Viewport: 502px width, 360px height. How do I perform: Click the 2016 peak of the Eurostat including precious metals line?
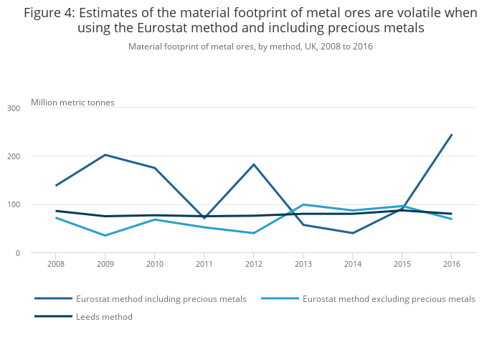pyautogui.click(x=451, y=135)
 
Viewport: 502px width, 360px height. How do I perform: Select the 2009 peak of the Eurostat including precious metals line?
pyautogui.click(x=105, y=155)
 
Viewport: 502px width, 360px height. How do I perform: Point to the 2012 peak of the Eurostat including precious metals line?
pyautogui.click(x=253, y=164)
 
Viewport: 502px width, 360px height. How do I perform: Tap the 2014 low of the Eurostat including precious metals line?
pyautogui.click(x=352, y=233)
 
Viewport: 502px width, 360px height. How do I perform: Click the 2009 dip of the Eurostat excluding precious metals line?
pyautogui.click(x=105, y=235)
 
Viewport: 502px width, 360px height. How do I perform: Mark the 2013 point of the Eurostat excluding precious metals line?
pyautogui.click(x=303, y=204)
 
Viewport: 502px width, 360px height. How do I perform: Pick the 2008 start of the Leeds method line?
pyautogui.click(x=56, y=211)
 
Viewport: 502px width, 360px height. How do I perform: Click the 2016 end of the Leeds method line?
pyautogui.click(x=451, y=214)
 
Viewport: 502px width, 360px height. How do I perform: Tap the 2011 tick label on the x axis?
pyautogui.click(x=204, y=264)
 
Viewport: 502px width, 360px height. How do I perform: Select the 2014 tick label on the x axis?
pyautogui.click(x=352, y=264)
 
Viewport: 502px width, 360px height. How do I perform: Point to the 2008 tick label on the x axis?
pyautogui.click(x=56, y=264)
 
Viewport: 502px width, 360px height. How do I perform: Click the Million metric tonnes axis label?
pyautogui.click(x=72, y=103)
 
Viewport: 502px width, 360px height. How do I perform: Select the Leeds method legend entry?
pyautogui.click(x=104, y=316)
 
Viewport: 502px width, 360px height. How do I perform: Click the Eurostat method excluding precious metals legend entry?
pyautogui.click(x=389, y=298)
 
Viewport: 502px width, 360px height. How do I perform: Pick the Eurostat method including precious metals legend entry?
pyautogui.click(x=161, y=298)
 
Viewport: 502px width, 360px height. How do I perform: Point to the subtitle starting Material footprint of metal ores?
pyautogui.click(x=250, y=47)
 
